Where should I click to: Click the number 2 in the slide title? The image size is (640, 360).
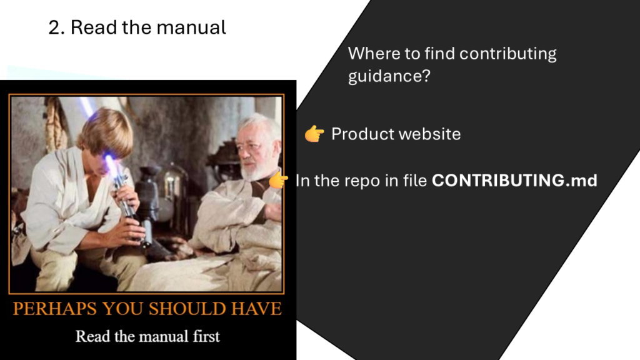click(x=54, y=27)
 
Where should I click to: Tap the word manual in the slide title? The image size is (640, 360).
click(x=191, y=27)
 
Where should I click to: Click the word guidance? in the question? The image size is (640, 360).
click(x=389, y=76)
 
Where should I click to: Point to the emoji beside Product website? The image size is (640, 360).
click(x=314, y=134)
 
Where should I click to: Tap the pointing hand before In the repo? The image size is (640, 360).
click(x=278, y=180)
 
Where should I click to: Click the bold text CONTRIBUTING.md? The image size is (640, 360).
click(x=514, y=181)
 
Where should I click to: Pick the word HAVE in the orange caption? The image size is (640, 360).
click(x=256, y=309)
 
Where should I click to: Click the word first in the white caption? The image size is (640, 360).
click(x=206, y=336)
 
